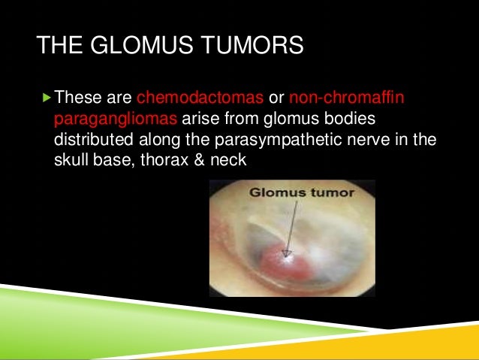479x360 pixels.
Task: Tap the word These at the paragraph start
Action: (x=78, y=97)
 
